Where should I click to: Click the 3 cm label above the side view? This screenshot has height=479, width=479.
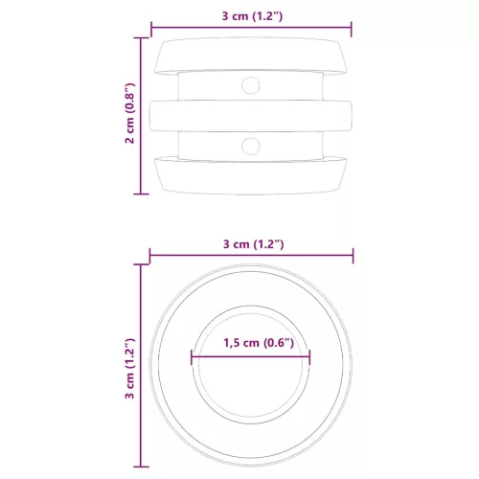[251, 16]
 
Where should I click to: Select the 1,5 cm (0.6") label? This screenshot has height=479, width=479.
[252, 344]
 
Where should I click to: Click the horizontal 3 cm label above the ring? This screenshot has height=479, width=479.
[251, 243]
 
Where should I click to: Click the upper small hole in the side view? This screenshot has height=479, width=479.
[251, 85]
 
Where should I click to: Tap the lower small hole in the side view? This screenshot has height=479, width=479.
[251, 146]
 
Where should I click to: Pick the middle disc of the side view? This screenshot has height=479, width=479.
[251, 115]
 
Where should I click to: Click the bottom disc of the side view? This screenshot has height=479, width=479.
[251, 174]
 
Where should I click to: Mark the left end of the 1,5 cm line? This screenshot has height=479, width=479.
[192, 357]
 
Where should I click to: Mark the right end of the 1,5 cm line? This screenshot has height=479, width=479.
[310, 357]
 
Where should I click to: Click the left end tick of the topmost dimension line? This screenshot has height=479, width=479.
[150, 29]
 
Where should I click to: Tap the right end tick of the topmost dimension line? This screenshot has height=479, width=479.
[352, 29]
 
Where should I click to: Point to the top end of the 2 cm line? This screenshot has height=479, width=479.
[142, 38]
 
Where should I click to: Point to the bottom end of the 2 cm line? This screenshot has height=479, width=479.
[142, 193]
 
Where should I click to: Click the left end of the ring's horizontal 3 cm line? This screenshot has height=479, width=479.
[150, 256]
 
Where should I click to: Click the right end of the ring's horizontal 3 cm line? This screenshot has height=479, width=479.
[353, 256]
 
